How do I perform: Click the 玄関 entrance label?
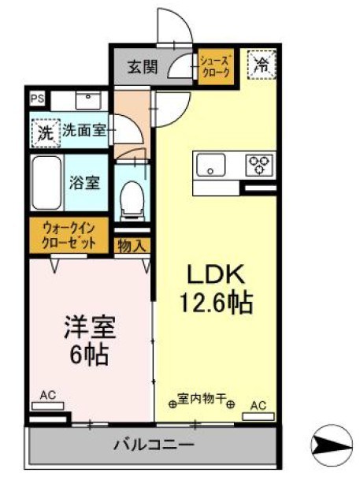pyautogui.click(x=143, y=66)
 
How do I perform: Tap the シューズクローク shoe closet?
pyautogui.click(x=215, y=65)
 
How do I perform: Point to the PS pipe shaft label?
pyautogui.click(x=36, y=99)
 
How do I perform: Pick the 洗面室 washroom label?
pyautogui.click(x=84, y=131)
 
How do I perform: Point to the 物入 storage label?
pyautogui.click(x=132, y=246)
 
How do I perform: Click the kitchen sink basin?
pyautogui.click(x=211, y=166)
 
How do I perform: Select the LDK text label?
pyautogui.click(x=216, y=275)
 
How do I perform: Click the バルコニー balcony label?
pyautogui.click(x=154, y=445)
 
